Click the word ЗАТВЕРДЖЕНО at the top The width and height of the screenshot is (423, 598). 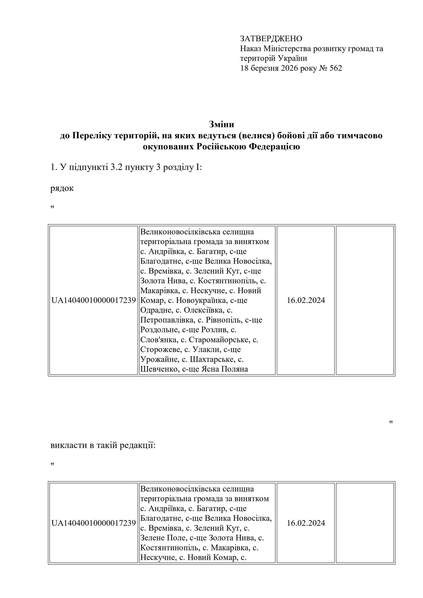tap(271, 39)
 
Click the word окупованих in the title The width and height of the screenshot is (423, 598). tap(168, 147)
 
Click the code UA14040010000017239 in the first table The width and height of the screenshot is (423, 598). tap(94, 300)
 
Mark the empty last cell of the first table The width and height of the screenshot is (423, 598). tap(365, 300)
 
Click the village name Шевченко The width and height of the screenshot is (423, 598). tap(159, 369)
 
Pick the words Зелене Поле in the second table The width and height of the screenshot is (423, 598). tap(164, 538)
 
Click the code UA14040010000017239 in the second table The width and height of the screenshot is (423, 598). tap(94, 523)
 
